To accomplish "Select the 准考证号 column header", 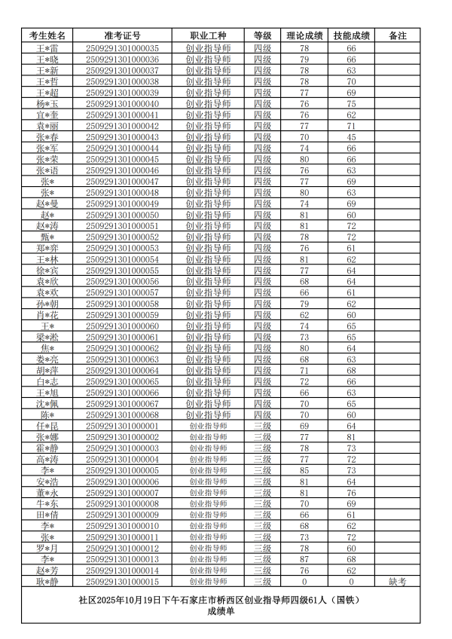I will click(x=122, y=35).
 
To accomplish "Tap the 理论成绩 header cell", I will click(x=304, y=35).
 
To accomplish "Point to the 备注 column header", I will click(x=397, y=35).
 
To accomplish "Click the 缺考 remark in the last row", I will click(x=397, y=581).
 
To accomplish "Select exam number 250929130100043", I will click(x=122, y=137).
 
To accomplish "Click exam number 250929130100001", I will click(x=122, y=426).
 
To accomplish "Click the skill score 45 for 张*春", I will click(x=351, y=137).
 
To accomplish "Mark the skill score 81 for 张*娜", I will click(x=351, y=437).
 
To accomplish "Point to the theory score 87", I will click(x=304, y=559).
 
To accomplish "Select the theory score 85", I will click(x=304, y=470).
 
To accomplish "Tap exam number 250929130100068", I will click(x=122, y=414).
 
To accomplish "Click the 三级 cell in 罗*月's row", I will click(x=262, y=548).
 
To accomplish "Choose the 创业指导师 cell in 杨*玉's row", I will click(x=208, y=104).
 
